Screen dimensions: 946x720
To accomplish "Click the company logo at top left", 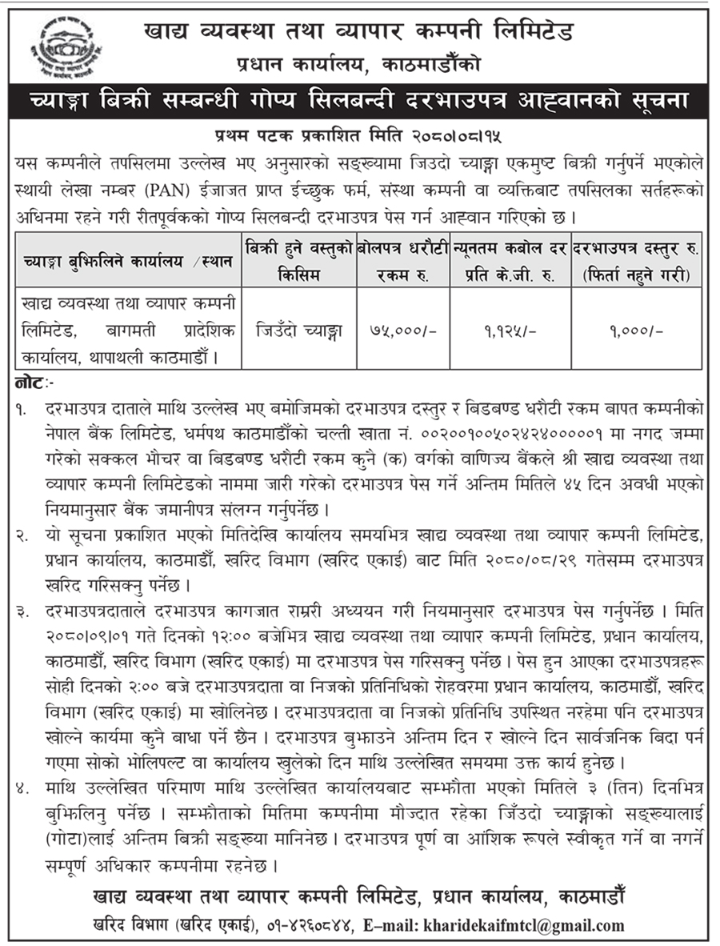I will [60, 47].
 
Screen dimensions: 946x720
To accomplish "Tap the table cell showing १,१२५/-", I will [509, 329].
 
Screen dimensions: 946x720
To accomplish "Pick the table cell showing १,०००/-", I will [637, 329].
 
